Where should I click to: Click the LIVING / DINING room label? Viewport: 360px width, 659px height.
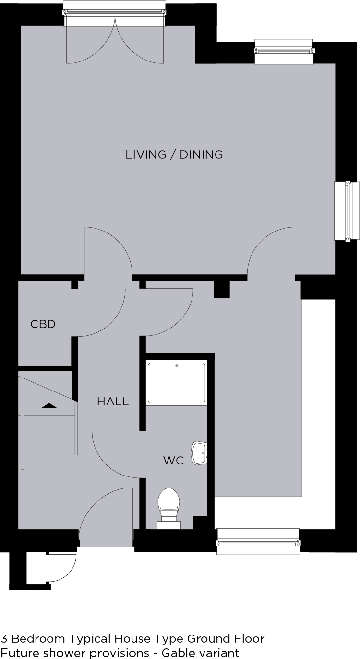174,155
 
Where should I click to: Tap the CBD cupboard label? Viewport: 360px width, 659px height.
43,324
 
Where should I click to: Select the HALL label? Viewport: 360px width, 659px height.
113,402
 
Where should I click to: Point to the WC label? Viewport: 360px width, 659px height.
174,461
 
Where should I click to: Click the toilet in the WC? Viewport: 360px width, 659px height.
168,509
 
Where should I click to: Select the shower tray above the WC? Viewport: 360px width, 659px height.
177,383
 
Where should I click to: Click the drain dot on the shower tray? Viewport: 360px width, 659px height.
177,366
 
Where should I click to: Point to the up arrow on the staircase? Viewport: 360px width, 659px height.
49,406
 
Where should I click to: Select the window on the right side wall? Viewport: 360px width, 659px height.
347,211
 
